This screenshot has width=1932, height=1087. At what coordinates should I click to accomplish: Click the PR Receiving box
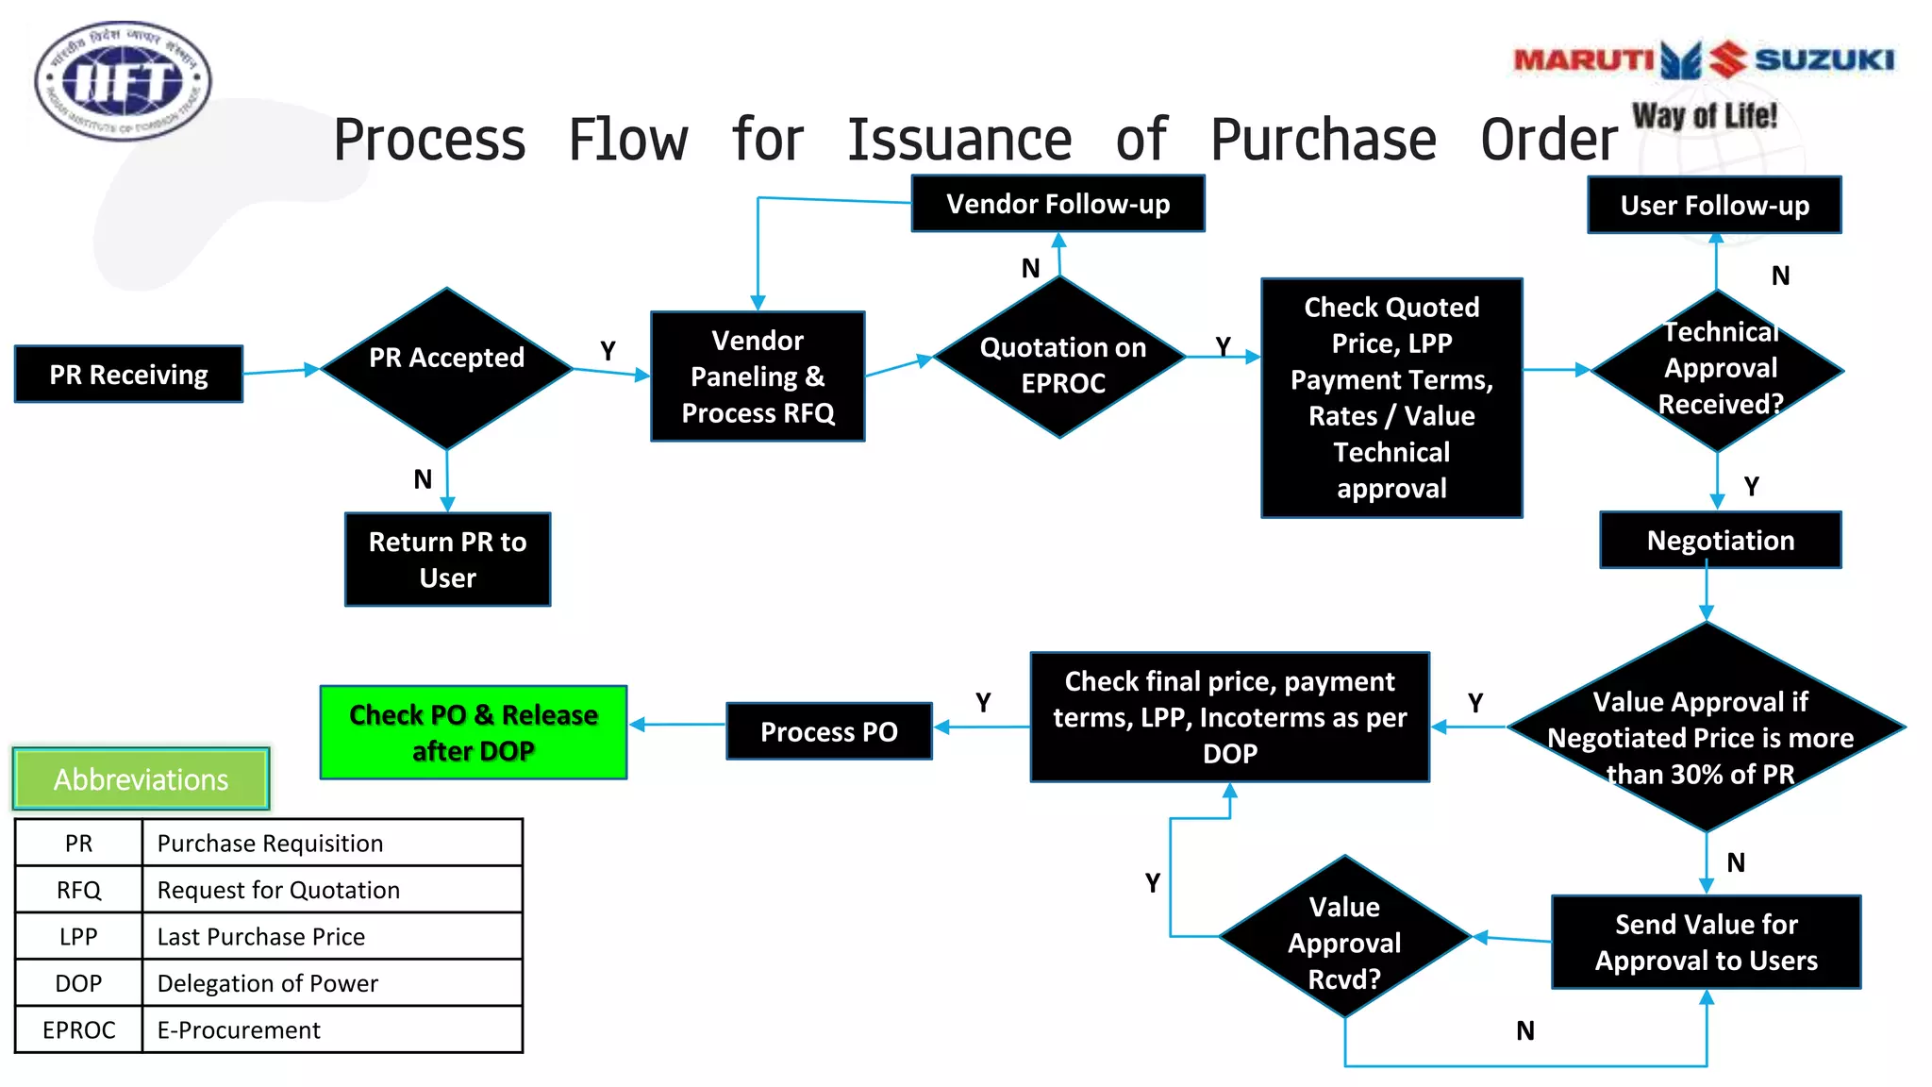click(128, 375)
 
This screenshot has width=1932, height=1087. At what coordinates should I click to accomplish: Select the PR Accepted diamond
click(446, 367)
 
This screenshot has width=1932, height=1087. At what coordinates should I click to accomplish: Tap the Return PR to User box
click(447, 560)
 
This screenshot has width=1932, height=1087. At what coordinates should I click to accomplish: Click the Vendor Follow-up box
click(1058, 204)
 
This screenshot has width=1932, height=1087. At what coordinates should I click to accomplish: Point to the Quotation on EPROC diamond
click(1061, 363)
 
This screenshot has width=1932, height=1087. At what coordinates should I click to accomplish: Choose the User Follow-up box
click(1714, 206)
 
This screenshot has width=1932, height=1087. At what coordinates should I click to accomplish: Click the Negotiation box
click(1720, 541)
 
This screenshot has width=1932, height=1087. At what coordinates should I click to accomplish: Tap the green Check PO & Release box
click(474, 732)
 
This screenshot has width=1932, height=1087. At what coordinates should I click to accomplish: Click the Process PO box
click(828, 731)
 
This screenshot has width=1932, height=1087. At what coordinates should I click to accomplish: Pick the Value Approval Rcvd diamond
click(1344, 940)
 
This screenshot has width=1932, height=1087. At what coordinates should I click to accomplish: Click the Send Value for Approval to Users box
click(1706, 942)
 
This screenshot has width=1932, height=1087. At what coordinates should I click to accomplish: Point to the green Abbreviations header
click(141, 779)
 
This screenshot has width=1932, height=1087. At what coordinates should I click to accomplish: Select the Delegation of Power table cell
click(267, 983)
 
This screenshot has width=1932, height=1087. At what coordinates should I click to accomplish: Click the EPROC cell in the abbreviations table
click(78, 1029)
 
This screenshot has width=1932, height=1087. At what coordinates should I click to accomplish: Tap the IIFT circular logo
click(123, 81)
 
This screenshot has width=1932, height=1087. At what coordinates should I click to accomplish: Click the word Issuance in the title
click(959, 140)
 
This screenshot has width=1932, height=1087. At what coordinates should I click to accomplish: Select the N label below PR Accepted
click(423, 479)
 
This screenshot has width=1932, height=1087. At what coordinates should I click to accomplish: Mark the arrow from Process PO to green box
click(676, 725)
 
